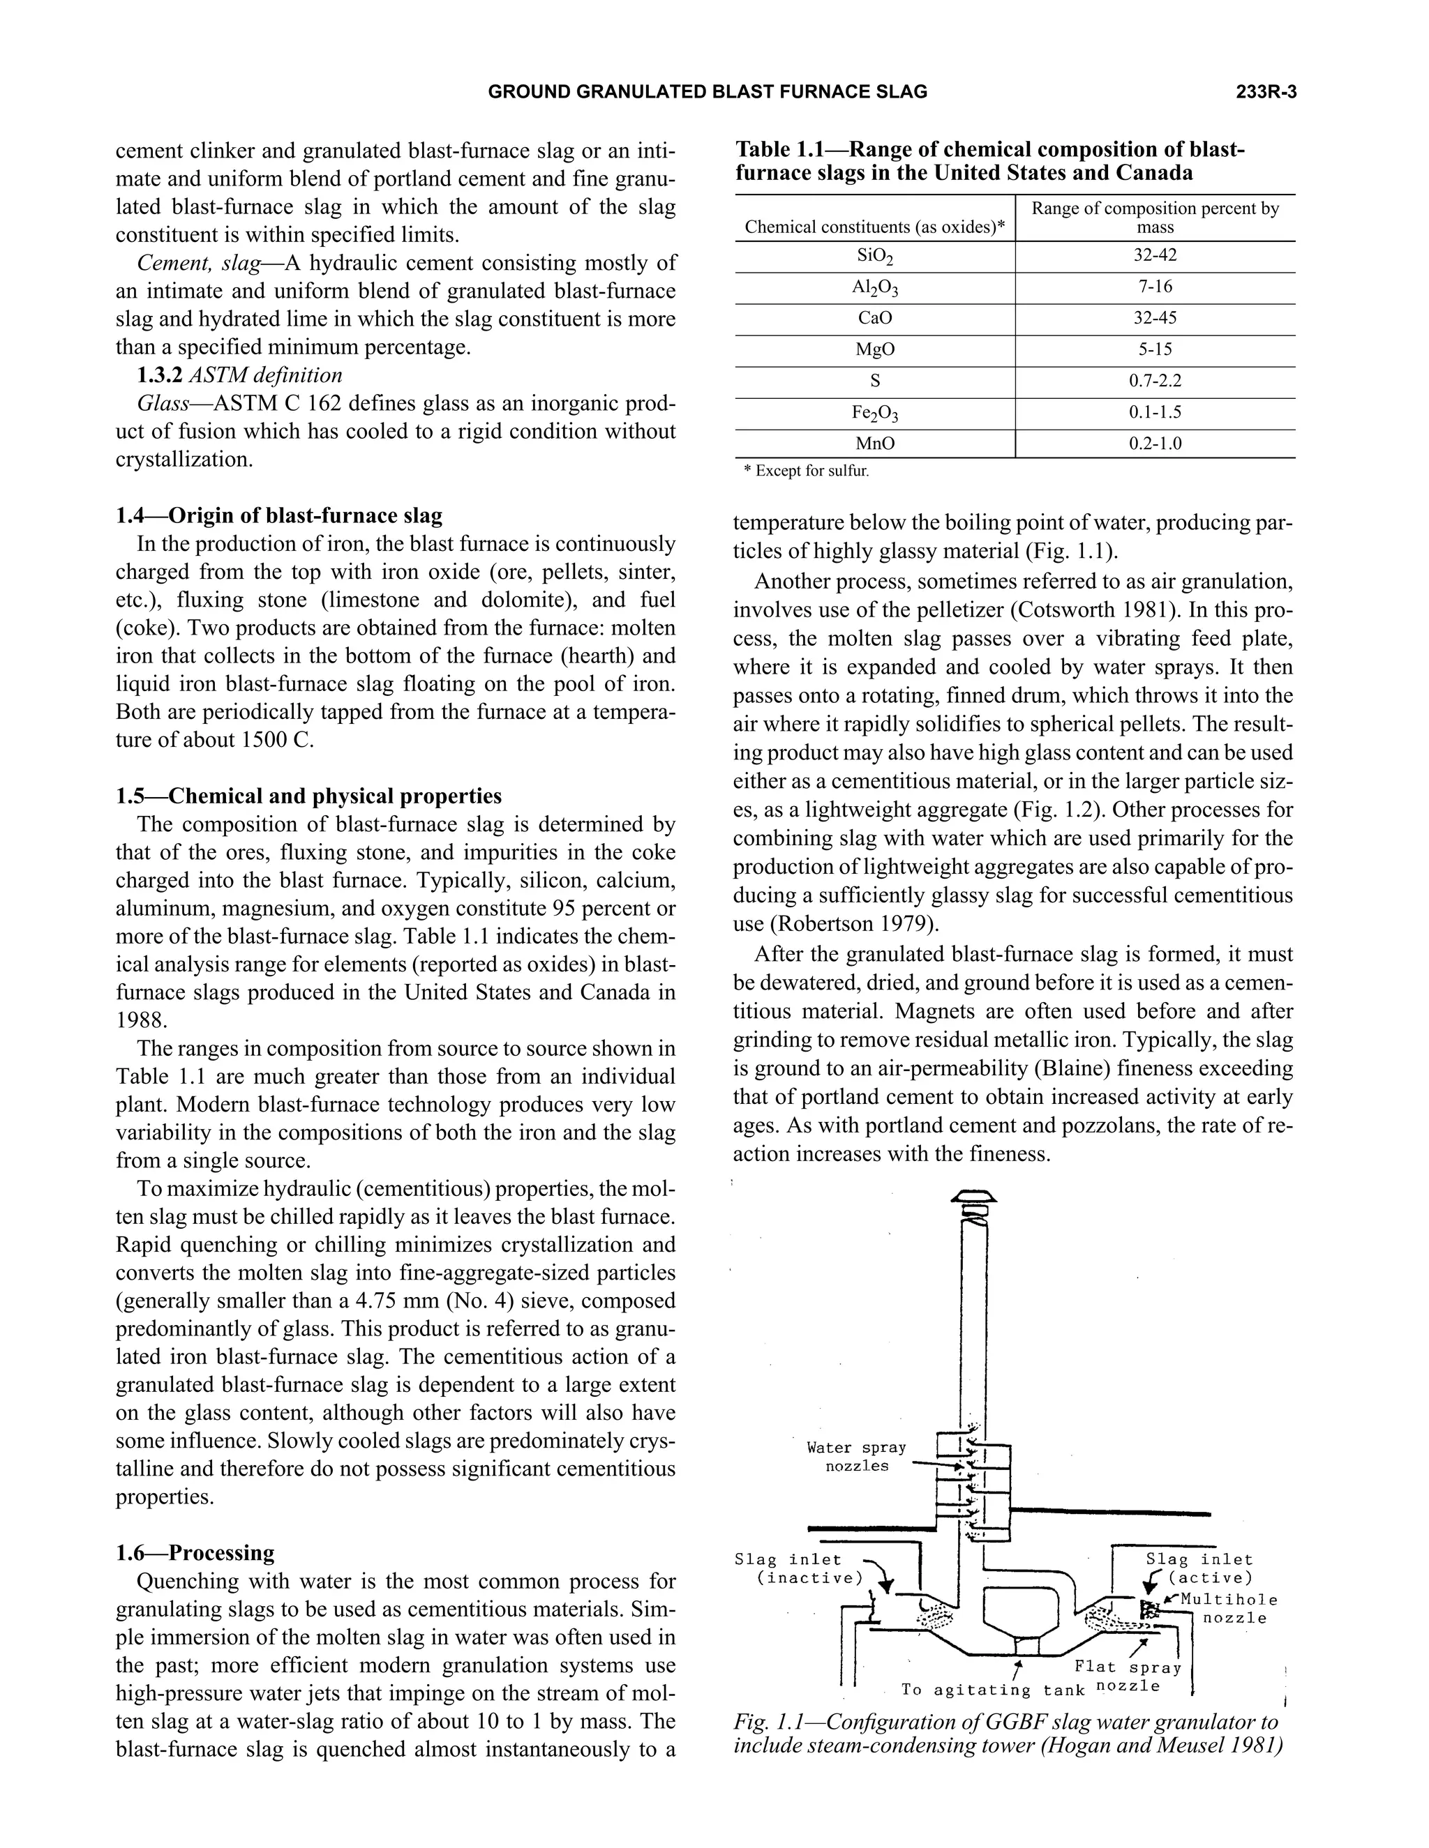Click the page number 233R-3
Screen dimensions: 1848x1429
(1266, 92)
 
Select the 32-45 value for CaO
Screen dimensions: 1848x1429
(1155, 318)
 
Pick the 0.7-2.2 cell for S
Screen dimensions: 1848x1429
(1155, 381)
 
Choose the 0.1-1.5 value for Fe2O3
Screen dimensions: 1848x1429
(1155, 412)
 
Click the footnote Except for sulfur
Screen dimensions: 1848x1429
(805, 471)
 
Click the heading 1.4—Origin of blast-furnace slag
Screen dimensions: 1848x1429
(278, 515)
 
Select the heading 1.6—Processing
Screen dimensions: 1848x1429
(195, 1553)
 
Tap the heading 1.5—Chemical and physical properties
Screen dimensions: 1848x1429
(308, 796)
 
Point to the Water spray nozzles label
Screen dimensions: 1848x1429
(856, 1456)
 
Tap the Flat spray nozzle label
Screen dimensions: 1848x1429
(1128, 1676)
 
